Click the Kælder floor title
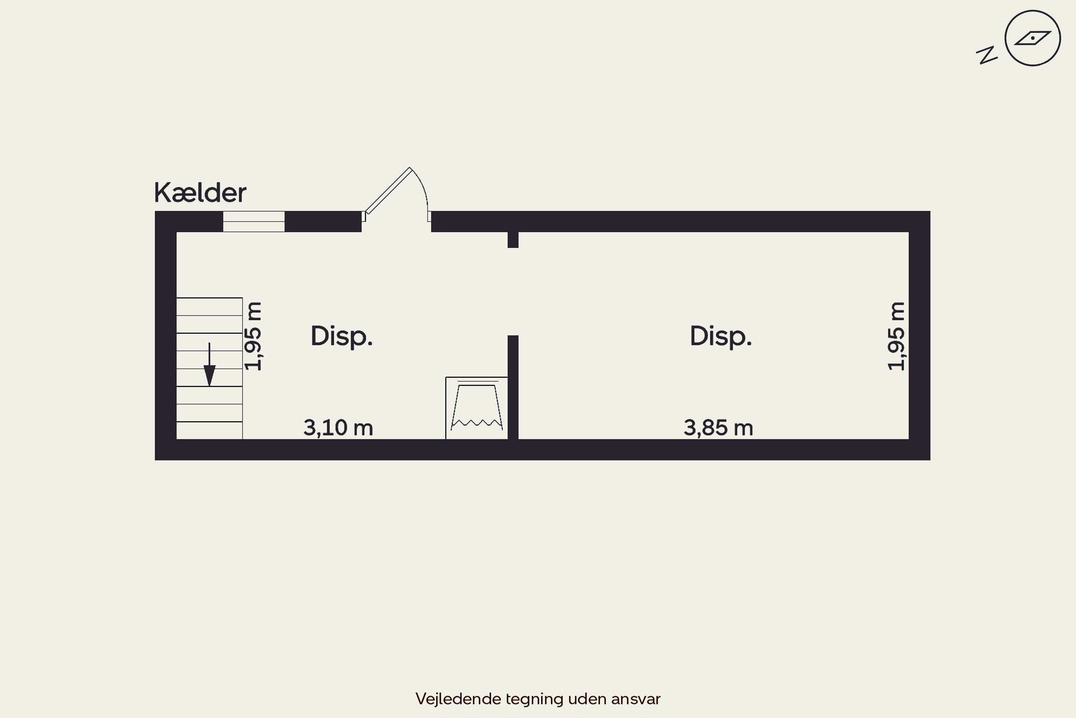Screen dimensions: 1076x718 pos(200,193)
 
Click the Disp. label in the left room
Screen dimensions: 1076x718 pos(342,337)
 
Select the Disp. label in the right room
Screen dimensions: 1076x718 pos(721,337)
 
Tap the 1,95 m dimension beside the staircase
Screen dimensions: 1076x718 pos(253,336)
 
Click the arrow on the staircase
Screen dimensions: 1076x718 pos(209,364)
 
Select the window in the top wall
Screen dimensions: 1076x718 pos(254,222)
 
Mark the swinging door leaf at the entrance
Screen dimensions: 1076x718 pos(388,191)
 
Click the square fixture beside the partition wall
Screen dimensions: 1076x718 pos(477,408)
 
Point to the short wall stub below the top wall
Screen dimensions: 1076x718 pos(513,240)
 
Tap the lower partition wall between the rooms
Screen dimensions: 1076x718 pos(513,387)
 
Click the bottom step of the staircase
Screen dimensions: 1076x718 pos(209,430)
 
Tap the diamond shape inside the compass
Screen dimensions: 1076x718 pos(1033,38)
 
